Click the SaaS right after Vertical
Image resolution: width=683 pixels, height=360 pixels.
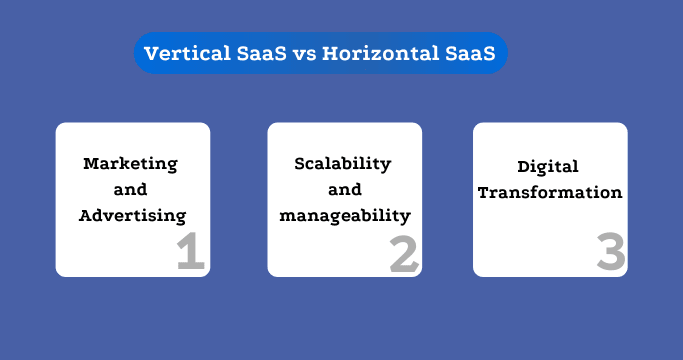click(x=256, y=54)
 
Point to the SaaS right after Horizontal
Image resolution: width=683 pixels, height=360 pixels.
click(x=469, y=54)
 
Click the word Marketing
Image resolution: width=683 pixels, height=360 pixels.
click(x=130, y=163)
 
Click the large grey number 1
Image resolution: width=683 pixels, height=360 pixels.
click(x=189, y=252)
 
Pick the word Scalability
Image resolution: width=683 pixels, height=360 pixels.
click(x=342, y=163)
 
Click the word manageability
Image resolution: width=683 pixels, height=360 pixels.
click(x=345, y=214)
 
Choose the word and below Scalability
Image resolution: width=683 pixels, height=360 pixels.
click(x=342, y=188)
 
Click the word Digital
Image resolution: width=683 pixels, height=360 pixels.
click(x=548, y=167)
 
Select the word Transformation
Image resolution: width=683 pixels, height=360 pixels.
click(x=550, y=192)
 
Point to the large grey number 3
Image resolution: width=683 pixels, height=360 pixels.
click(x=611, y=252)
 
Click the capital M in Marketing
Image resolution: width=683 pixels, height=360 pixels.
click(x=90, y=163)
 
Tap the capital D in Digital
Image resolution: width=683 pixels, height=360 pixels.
click(x=523, y=167)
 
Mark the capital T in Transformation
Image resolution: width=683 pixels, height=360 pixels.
click(x=483, y=192)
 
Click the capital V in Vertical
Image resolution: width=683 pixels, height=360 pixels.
click(x=151, y=54)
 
